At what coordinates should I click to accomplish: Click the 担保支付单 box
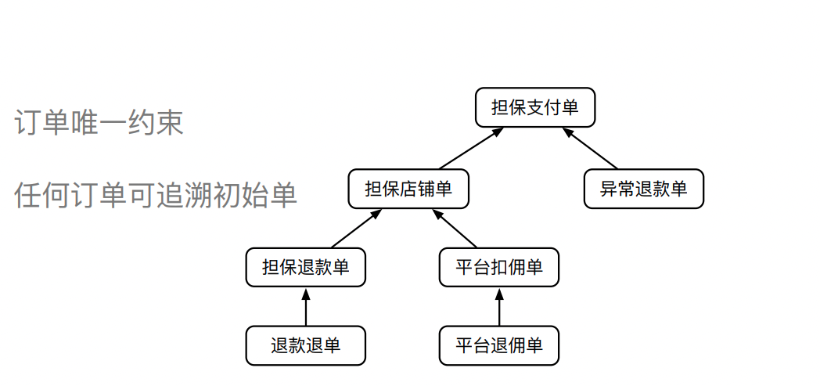[535, 107]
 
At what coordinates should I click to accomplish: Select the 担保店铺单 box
[408, 189]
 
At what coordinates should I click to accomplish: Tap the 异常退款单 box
[643, 189]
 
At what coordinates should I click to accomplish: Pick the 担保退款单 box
[305, 267]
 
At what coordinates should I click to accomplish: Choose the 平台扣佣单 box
[499, 267]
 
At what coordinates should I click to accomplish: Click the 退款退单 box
[305, 345]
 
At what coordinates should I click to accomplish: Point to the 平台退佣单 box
[499, 345]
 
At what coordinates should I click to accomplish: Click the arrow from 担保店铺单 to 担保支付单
[469, 148]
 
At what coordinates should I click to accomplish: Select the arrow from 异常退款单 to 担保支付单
[592, 148]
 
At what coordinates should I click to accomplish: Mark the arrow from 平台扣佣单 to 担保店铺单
[455, 228]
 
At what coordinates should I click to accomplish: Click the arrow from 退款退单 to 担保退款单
[305, 307]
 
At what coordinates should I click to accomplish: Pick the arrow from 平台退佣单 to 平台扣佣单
[499, 307]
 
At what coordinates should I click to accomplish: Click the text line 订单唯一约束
[99, 122]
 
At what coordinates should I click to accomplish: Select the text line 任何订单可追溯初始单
[156, 195]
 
